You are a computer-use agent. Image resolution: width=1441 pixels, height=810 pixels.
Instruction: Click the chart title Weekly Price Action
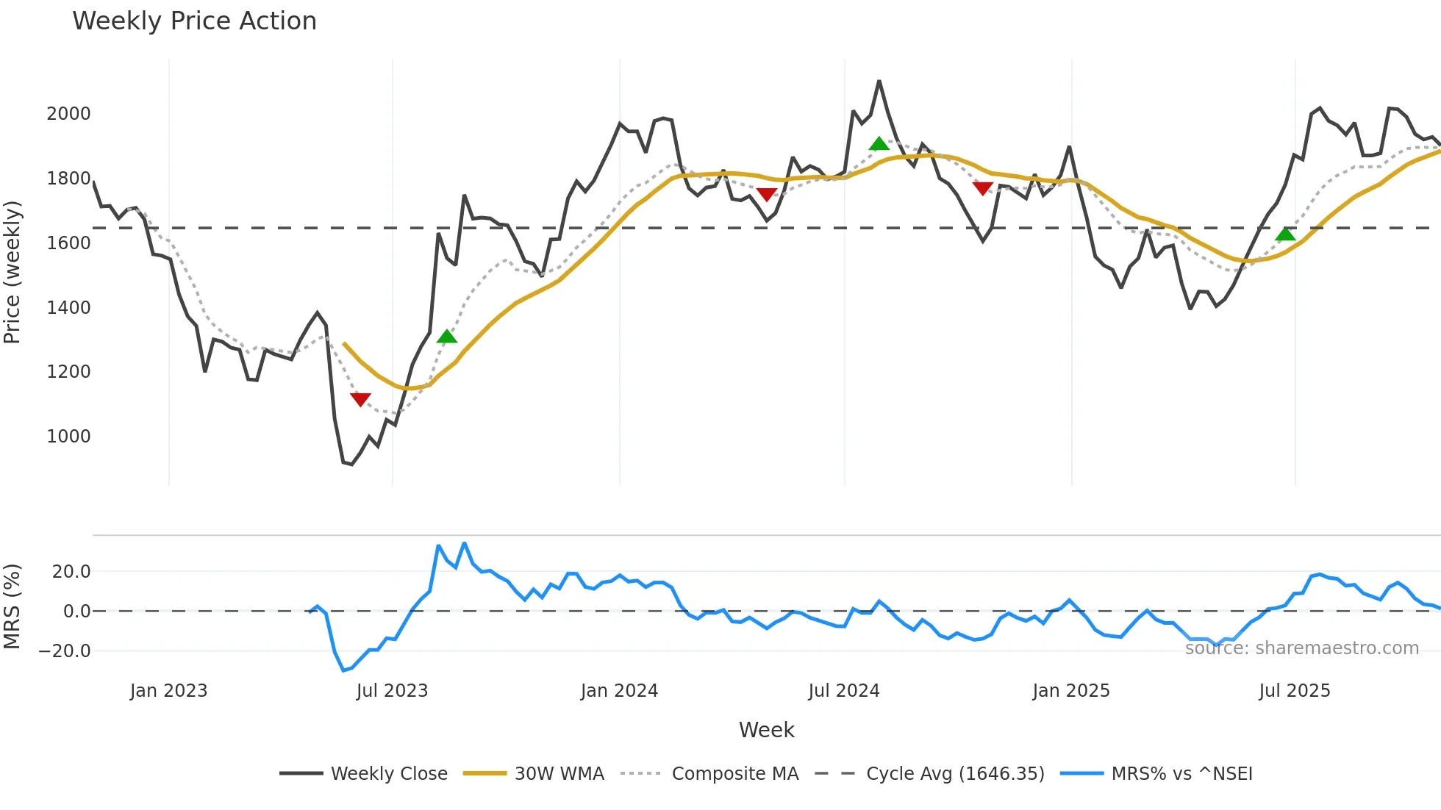tap(194, 21)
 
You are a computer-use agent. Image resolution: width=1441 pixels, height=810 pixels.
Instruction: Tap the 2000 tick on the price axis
tap(68, 114)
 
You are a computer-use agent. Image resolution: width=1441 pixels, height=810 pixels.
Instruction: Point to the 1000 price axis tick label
tap(68, 437)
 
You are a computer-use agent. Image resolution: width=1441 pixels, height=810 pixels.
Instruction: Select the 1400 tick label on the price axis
tap(68, 308)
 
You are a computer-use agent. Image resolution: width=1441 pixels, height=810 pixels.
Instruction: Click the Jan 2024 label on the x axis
tap(619, 691)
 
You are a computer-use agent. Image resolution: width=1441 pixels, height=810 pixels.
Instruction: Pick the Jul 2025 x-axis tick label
tap(1294, 691)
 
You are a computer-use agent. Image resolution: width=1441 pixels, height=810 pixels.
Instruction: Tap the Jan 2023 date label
tap(168, 691)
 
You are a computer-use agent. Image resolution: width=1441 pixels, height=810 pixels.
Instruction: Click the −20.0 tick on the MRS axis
tap(65, 651)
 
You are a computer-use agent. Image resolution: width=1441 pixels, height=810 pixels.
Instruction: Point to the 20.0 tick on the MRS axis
tap(71, 572)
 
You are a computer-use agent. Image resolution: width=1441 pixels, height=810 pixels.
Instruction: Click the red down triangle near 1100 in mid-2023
tap(360, 399)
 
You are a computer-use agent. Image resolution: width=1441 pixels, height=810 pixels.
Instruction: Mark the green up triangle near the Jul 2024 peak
tap(879, 143)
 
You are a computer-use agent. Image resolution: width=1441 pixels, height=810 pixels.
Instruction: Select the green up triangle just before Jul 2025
tap(1285, 234)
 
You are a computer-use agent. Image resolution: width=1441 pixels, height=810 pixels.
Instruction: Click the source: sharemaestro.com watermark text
tap(1301, 648)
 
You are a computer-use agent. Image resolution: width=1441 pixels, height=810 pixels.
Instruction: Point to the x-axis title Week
tap(766, 730)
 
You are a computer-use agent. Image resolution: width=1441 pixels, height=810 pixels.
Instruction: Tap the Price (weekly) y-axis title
tap(12, 272)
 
